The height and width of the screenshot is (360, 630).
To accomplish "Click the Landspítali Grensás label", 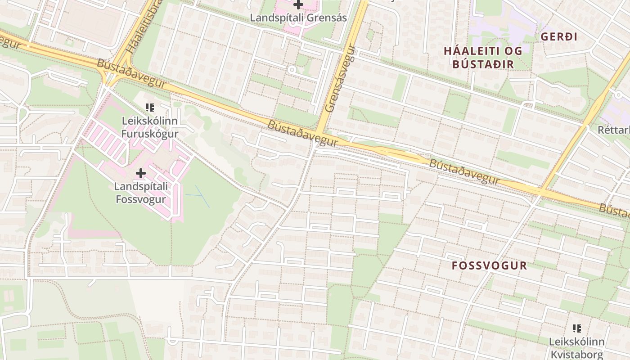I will coord(298,18).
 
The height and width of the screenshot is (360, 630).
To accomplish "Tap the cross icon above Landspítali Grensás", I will coord(298,5).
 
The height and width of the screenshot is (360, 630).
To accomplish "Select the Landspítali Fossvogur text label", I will coord(141,193).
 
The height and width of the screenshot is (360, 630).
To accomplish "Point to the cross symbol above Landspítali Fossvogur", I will coord(141,173).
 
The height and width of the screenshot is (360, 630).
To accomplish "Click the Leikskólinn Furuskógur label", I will coord(150,127).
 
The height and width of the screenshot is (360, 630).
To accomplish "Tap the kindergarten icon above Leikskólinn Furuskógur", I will coord(150,108).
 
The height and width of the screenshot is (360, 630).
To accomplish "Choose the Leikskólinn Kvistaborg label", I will coord(576,348).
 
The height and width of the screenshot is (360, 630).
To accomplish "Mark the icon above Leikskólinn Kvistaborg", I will coord(577,328).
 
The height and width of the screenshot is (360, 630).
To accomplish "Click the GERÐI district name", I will coord(559,37).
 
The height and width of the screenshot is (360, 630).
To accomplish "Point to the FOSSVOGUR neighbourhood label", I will coord(489,265).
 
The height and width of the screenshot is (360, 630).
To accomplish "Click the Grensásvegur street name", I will coord(340,79).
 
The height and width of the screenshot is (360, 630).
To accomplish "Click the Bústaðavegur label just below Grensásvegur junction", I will coord(302,133).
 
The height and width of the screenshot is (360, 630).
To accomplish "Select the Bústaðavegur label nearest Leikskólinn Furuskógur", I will coord(131,73).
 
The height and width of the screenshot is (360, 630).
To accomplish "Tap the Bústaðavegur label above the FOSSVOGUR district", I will coord(464,171).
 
